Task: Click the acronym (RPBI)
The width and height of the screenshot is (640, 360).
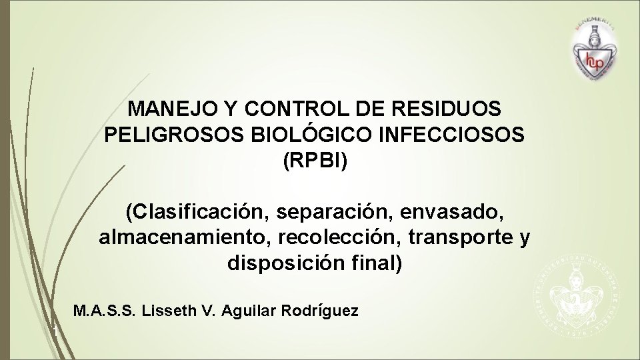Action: coord(315,161)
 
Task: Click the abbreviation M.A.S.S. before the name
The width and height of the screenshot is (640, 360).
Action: coord(106,311)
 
